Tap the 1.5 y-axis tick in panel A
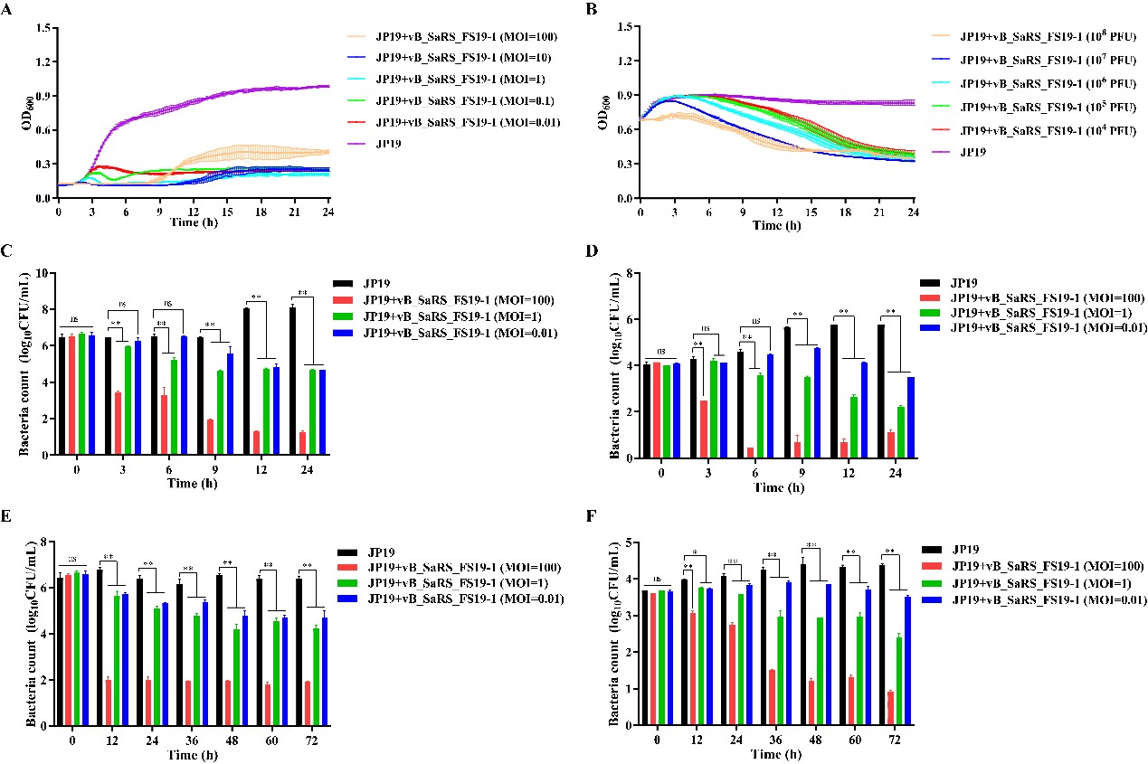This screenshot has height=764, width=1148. (43, 28)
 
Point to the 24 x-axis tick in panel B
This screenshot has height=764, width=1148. (913, 212)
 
